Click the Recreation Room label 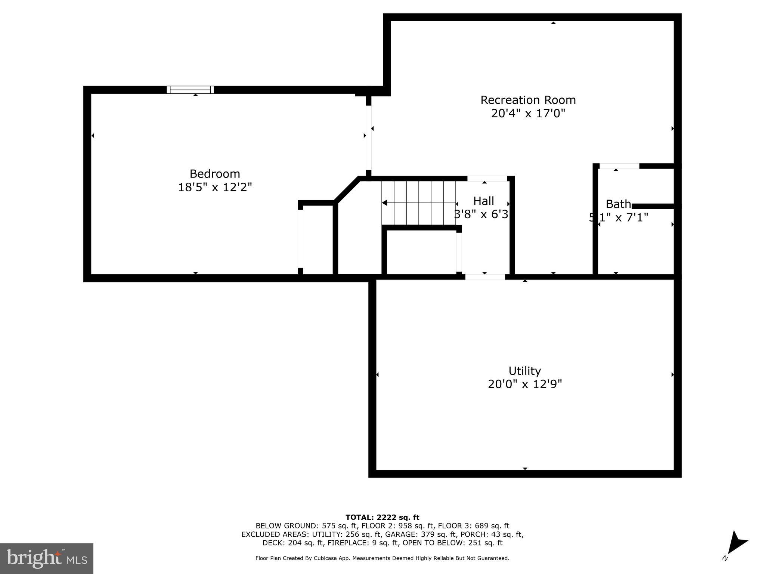pyautogui.click(x=528, y=100)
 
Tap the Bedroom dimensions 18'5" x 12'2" pyautogui.click(x=215, y=187)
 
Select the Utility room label pyautogui.click(x=524, y=371)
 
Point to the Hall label pyautogui.click(x=483, y=201)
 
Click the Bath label pyautogui.click(x=618, y=204)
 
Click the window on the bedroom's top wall pyautogui.click(x=190, y=90)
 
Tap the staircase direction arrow pyautogui.click(x=385, y=203)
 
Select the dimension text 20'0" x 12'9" pyautogui.click(x=524, y=384)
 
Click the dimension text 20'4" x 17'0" pyautogui.click(x=528, y=113)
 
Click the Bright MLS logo pyautogui.click(x=46, y=558)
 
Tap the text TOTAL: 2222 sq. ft pyautogui.click(x=382, y=517)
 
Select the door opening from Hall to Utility pyautogui.click(x=485, y=277)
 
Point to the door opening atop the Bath pyautogui.click(x=619, y=166)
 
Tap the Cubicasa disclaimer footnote pyautogui.click(x=382, y=558)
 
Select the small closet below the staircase pyautogui.click(x=421, y=251)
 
